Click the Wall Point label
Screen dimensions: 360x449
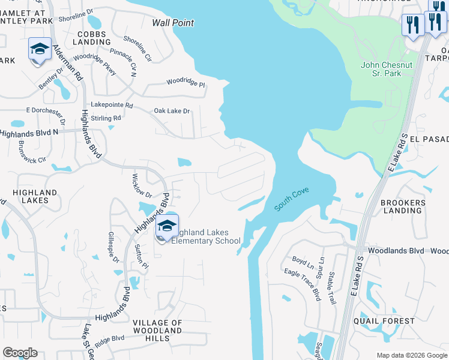173,23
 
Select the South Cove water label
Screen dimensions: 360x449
292,201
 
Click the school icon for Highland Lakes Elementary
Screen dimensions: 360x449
167,227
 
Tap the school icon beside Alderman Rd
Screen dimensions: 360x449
40,49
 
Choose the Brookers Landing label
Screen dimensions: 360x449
402,206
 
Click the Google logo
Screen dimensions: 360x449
20,353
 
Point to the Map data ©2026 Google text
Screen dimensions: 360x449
412,355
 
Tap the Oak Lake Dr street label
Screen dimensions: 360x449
172,111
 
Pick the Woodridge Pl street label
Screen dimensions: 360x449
185,81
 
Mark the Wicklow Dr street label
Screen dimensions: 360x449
142,185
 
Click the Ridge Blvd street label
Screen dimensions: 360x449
109,340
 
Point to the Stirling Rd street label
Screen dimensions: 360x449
105,118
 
